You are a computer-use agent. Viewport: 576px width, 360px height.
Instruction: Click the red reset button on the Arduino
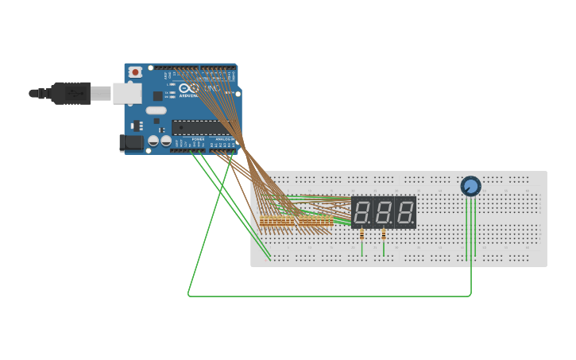pyautogui.click(x=135, y=72)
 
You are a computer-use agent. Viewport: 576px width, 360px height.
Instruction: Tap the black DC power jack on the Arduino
pyautogui.click(x=130, y=143)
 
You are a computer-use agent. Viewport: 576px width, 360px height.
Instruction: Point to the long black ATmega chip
pyautogui.click(x=199, y=127)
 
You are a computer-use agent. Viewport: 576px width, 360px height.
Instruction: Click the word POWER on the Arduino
pyautogui.click(x=198, y=139)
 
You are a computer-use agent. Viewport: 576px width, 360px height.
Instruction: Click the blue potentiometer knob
pyautogui.click(x=470, y=186)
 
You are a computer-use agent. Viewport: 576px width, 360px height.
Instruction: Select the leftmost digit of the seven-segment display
pyautogui.click(x=362, y=212)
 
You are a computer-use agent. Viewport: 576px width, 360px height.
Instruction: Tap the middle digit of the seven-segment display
pyautogui.click(x=385, y=212)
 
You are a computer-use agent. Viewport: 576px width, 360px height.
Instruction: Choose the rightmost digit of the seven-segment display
pyautogui.click(x=406, y=212)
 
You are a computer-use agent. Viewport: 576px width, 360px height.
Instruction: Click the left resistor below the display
pyautogui.click(x=362, y=234)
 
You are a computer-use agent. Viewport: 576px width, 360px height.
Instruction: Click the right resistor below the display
pyautogui.click(x=384, y=234)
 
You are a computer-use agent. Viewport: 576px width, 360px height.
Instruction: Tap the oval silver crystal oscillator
pyautogui.click(x=157, y=110)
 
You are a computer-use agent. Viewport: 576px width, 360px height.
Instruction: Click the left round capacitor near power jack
pyautogui.click(x=153, y=141)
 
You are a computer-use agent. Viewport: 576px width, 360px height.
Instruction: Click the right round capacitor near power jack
pyautogui.click(x=165, y=141)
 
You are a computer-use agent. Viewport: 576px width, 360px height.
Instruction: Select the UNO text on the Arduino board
pyautogui.click(x=212, y=88)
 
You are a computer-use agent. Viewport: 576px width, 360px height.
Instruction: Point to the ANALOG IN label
pyautogui.click(x=222, y=139)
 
